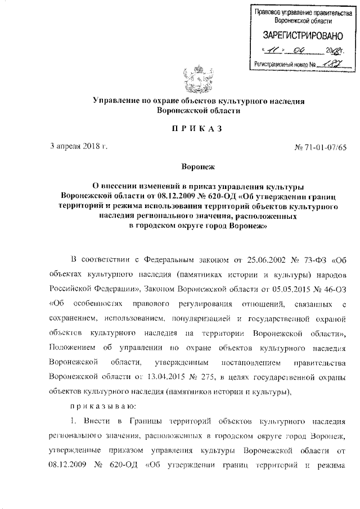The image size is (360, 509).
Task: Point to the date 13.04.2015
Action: pyautogui.click(x=159, y=375)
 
